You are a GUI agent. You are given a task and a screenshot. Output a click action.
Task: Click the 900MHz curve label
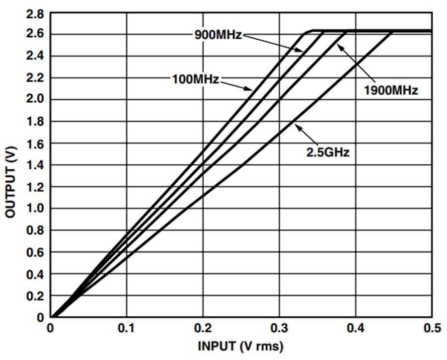(218, 35)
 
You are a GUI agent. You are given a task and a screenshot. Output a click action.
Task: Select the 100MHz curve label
(196, 79)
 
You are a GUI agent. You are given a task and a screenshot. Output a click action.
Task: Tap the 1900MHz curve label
(391, 90)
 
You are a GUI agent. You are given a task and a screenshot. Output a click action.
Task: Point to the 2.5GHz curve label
(328, 152)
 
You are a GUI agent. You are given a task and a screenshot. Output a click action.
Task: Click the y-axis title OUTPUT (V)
(10, 182)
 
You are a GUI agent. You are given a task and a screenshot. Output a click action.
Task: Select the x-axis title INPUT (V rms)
(240, 346)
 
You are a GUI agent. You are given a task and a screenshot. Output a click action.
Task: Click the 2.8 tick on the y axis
(35, 14)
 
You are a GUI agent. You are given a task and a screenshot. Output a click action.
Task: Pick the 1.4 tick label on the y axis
(35, 165)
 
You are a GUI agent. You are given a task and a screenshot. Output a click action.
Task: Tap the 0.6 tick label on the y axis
(35, 252)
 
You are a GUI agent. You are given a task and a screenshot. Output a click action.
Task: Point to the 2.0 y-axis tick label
(35, 100)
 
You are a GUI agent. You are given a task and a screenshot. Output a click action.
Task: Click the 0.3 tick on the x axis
(279, 328)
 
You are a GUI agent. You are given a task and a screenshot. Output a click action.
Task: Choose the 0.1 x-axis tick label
(127, 328)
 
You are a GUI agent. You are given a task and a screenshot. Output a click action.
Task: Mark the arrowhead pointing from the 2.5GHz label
(297, 126)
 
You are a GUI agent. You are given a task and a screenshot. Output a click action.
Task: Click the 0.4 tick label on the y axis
(35, 274)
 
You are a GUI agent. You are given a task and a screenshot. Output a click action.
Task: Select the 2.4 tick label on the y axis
(35, 57)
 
